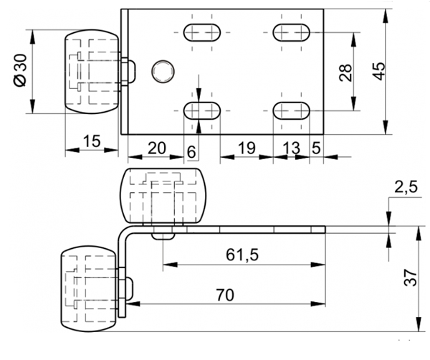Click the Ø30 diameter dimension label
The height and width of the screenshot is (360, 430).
tap(20, 70)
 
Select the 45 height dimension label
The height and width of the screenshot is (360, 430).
tap(379, 71)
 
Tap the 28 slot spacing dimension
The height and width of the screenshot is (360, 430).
tap(345, 72)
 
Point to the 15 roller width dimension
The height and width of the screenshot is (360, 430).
tap(92, 141)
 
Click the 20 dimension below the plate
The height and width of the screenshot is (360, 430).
tap(157, 148)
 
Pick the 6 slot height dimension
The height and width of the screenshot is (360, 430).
tap(191, 152)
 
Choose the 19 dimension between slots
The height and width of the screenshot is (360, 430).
tap(247, 148)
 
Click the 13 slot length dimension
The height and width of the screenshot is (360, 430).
tap(291, 148)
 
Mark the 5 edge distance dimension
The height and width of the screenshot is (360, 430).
tap(316, 148)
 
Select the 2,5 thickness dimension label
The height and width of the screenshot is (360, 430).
tap(406, 187)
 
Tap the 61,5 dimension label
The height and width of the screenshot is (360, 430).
tap(242, 255)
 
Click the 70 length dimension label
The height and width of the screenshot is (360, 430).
tap(225, 295)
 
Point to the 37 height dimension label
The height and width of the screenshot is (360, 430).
tap(411, 278)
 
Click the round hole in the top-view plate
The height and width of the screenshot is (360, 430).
tap(163, 71)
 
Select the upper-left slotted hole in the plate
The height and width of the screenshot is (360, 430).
tap(202, 32)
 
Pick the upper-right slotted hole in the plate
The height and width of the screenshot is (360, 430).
tap(291, 32)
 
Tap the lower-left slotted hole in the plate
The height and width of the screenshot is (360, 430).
tap(202, 111)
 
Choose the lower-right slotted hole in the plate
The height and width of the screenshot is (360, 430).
tap(291, 111)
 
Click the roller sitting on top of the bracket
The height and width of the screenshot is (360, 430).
tap(163, 196)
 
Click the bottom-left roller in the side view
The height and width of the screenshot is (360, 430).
tap(88, 289)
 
